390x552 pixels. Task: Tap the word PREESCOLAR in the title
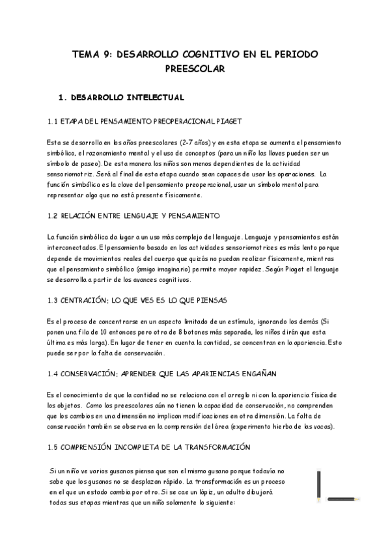click(x=195, y=68)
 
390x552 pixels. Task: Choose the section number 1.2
click(x=54, y=215)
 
